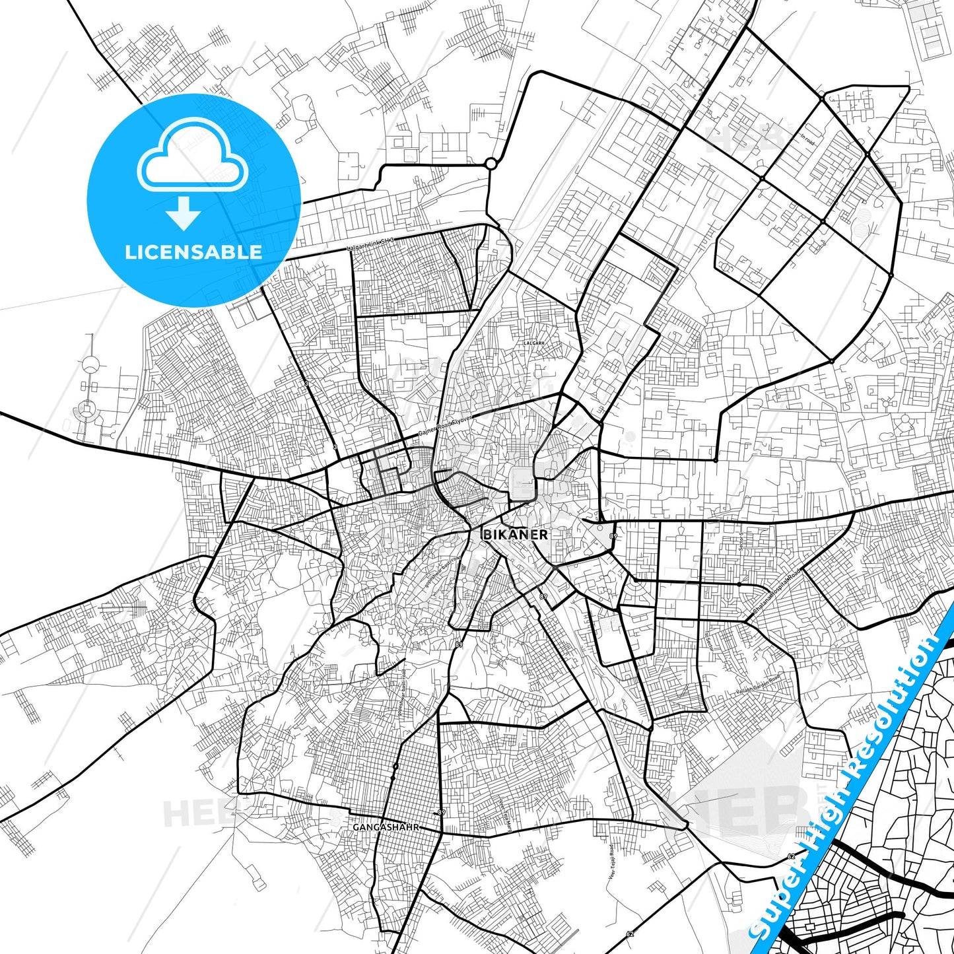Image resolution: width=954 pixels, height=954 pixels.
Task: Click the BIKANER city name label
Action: click(516, 534)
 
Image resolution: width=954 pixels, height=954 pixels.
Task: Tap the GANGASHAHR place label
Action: click(386, 827)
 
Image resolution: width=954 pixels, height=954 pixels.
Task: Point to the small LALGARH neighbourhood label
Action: click(533, 343)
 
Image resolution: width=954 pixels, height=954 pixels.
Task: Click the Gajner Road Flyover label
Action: click(446, 426)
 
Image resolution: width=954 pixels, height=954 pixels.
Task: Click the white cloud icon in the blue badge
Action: click(193, 155)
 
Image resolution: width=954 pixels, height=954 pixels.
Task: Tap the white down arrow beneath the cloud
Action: click(184, 213)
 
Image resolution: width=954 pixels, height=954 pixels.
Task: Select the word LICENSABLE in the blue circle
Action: click(193, 252)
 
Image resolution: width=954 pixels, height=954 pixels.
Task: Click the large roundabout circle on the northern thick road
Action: click(491, 164)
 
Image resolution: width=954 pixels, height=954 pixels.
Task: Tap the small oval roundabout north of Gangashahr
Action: click(395, 767)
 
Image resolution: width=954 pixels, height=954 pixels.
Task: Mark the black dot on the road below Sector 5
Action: click(739, 585)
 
